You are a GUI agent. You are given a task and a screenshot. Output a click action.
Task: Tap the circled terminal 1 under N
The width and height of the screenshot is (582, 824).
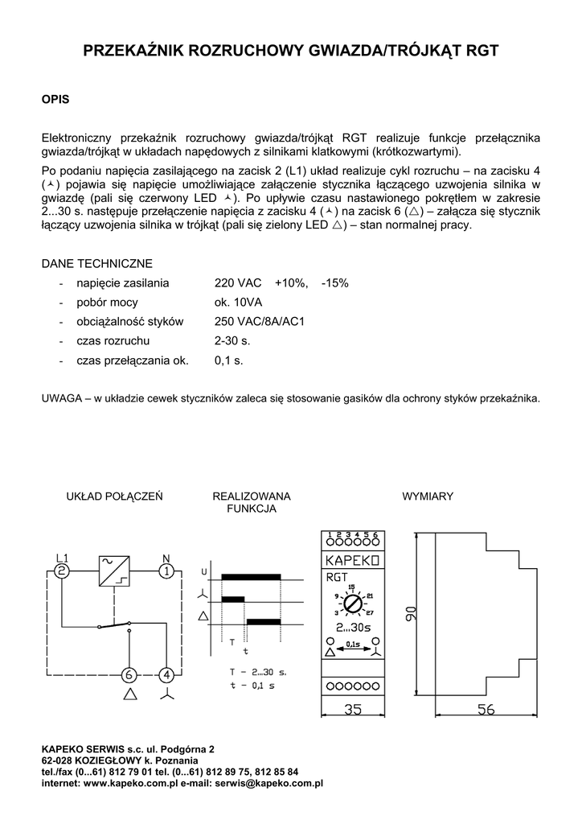(x=166, y=571)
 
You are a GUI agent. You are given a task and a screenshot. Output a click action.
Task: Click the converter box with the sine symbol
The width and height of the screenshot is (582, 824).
(x=113, y=571)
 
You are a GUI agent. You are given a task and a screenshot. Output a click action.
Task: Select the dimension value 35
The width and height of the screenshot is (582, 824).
(x=352, y=710)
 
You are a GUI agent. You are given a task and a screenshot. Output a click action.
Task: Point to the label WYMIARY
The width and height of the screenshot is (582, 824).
(x=428, y=496)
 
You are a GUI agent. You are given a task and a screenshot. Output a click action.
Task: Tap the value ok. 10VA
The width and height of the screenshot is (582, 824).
(x=239, y=303)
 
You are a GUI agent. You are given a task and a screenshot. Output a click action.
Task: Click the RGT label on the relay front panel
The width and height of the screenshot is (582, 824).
(x=337, y=576)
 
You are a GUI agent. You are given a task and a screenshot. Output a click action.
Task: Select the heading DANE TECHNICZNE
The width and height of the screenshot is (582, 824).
(x=96, y=264)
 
